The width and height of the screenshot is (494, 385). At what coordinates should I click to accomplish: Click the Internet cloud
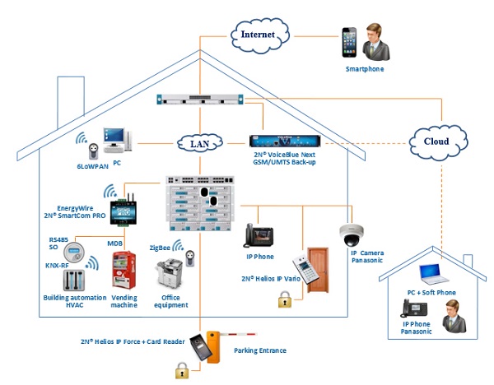259,35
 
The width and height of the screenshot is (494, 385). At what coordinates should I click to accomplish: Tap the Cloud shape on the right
436,141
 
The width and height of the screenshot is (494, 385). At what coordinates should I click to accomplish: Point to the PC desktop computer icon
114,142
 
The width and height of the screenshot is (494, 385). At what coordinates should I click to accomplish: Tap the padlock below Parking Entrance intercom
181,371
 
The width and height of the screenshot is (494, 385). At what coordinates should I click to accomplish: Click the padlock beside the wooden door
285,302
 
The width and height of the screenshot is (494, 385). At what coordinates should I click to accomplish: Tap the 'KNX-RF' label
58,266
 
